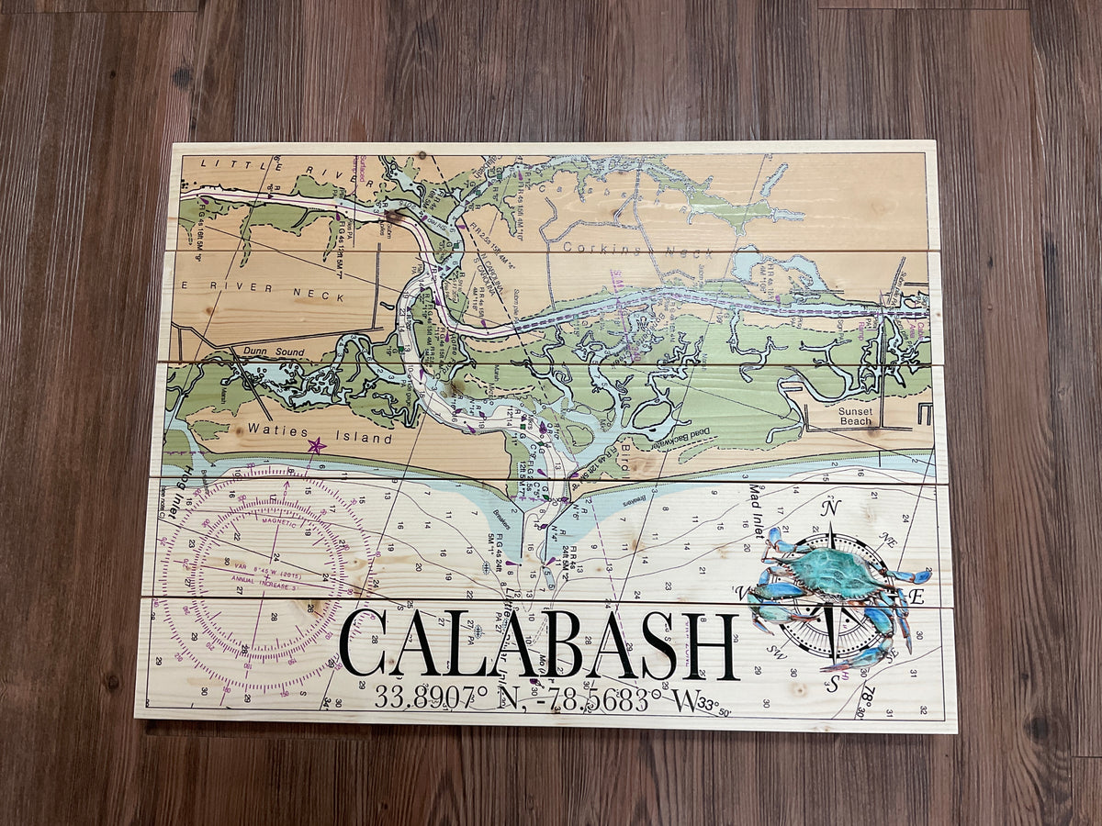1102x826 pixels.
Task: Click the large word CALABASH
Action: point(539,646)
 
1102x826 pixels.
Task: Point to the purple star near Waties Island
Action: point(316,446)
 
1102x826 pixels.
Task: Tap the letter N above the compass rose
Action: point(831,508)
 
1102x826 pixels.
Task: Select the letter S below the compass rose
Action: point(831,683)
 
